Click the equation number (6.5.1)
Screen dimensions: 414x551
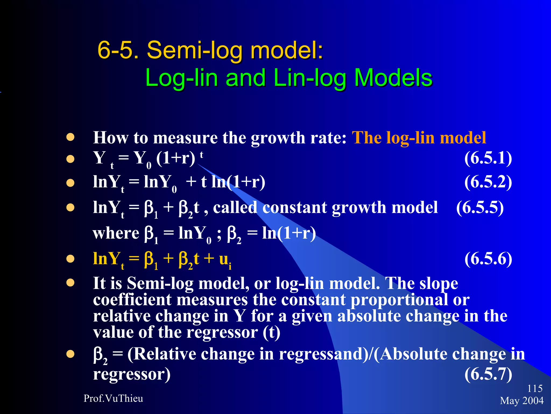(x=488, y=158)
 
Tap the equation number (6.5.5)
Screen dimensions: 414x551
(x=480, y=208)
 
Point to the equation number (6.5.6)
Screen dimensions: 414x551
(x=488, y=259)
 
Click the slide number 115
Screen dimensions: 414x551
(x=535, y=388)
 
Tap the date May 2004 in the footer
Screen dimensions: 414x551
(x=522, y=401)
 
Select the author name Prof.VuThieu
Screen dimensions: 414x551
(x=113, y=398)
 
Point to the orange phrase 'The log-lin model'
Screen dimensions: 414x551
(x=419, y=138)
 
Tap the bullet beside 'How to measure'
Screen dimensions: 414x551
(x=70, y=137)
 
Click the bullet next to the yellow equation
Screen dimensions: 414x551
(x=70, y=259)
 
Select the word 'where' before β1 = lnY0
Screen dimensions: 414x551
(x=116, y=233)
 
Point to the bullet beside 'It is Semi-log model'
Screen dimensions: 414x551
(x=70, y=283)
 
